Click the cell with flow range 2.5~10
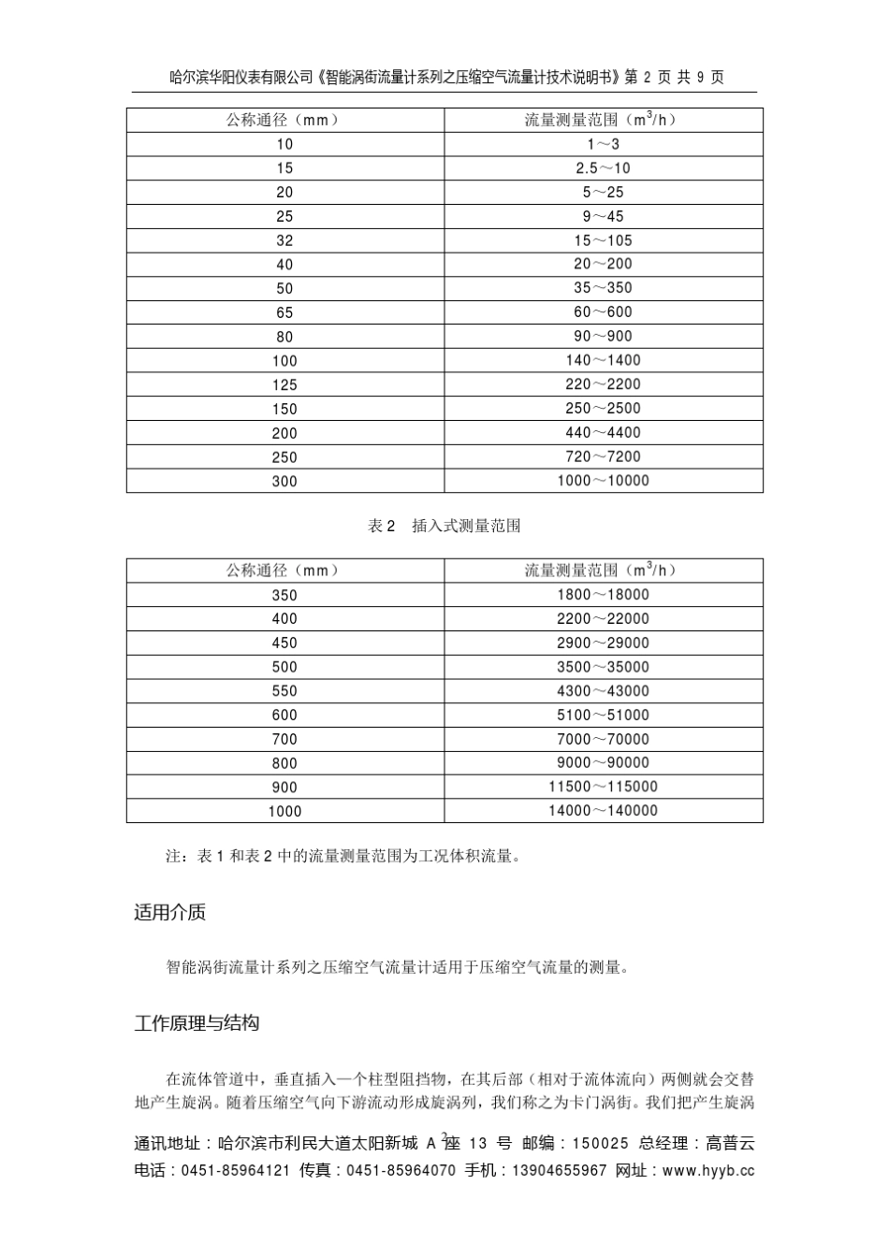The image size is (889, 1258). [x=603, y=168]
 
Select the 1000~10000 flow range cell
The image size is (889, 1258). [x=603, y=481]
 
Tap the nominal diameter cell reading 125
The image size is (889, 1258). [x=284, y=384]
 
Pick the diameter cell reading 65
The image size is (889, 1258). [x=284, y=312]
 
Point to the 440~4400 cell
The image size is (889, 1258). [x=603, y=433]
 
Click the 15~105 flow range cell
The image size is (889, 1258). [x=603, y=240]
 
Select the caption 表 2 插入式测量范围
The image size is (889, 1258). [x=444, y=527]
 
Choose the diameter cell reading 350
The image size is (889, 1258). [x=284, y=595]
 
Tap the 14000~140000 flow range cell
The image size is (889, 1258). [x=603, y=811]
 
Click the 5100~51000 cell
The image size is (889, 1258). [x=603, y=716]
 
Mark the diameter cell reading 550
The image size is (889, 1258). [x=284, y=691]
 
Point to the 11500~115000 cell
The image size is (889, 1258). [x=603, y=787]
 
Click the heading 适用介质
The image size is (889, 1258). [x=169, y=913]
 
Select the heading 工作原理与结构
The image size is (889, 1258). [x=197, y=1023]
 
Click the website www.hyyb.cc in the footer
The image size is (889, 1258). [x=707, y=1170]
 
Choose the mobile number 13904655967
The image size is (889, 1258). [x=560, y=1170]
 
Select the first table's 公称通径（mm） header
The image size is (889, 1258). [x=284, y=120]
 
